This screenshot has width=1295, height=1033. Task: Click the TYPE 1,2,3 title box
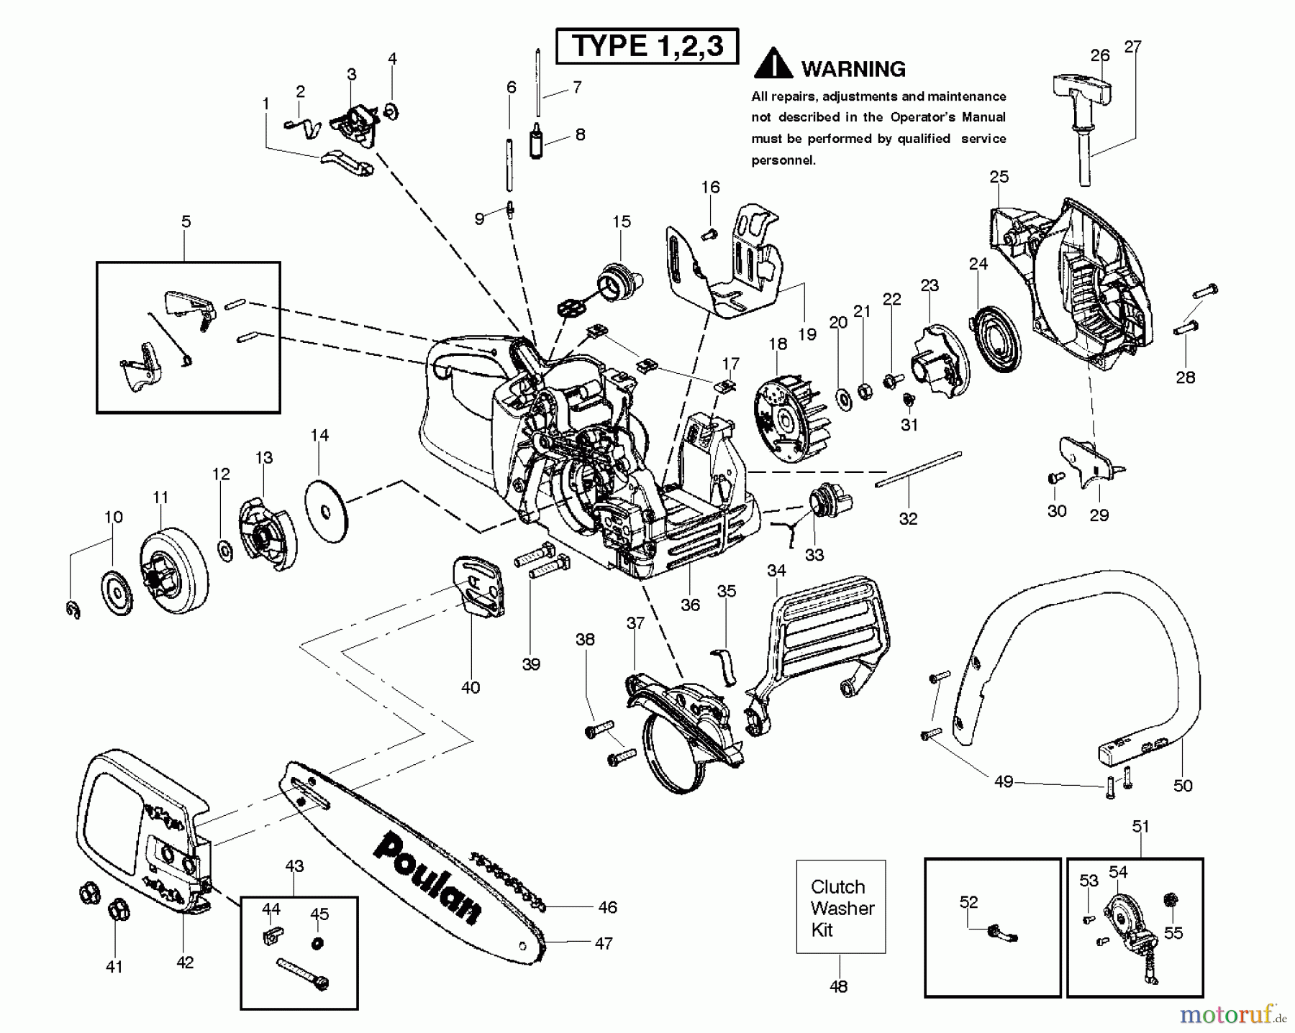click(x=647, y=47)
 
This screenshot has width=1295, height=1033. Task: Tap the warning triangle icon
click(x=773, y=65)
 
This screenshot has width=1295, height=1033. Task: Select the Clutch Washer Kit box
click(x=840, y=907)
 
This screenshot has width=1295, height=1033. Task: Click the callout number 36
click(x=690, y=605)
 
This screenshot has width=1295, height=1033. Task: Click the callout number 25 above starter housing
click(x=999, y=176)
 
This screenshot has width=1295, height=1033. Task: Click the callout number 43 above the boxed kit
click(x=294, y=866)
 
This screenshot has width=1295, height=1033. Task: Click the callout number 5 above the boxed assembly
click(x=186, y=221)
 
